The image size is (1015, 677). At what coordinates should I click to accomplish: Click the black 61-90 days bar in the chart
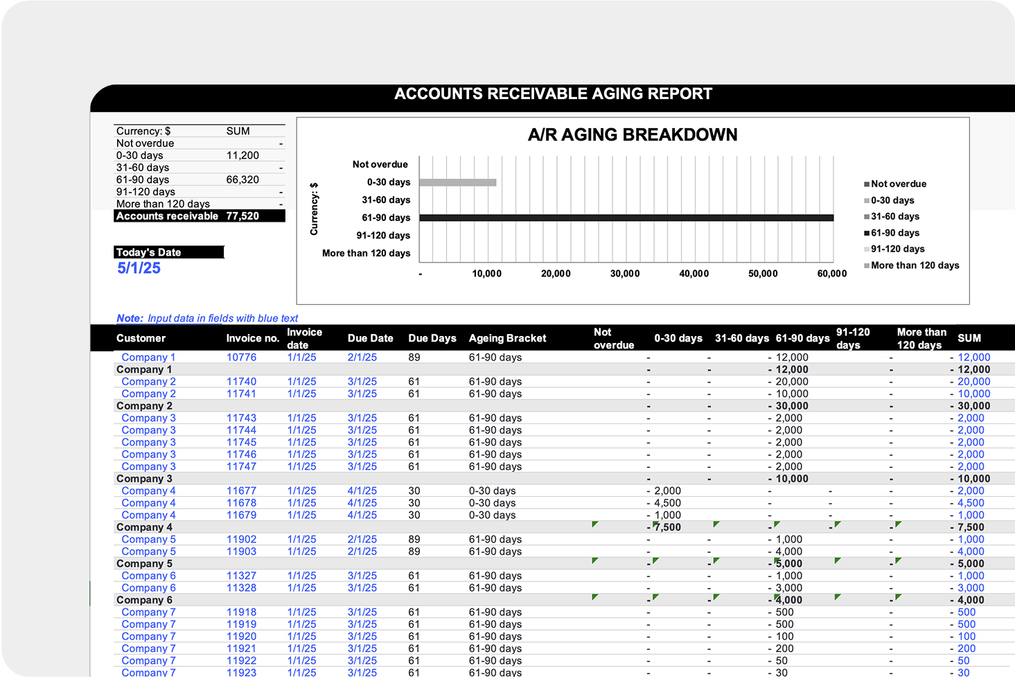pos(626,218)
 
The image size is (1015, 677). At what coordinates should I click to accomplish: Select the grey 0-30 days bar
pos(457,182)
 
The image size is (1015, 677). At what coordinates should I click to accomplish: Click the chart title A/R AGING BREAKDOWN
pos(633,134)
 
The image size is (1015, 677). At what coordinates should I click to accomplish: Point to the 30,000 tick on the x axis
pos(625,274)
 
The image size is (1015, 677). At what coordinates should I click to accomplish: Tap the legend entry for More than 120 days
pos(915,265)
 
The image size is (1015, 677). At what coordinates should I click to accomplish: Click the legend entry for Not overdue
pos(898,184)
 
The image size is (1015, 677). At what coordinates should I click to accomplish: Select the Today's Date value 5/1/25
pos(139,268)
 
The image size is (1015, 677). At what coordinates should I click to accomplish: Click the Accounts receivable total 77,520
pos(242,216)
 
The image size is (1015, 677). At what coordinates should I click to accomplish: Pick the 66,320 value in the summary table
pos(242,179)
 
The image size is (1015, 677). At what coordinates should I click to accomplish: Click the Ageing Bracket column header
pos(507,338)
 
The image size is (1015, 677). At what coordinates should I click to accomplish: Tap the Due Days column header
pos(432,338)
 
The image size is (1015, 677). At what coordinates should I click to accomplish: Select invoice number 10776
pos(241,358)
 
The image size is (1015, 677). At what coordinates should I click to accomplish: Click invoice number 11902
pos(241,539)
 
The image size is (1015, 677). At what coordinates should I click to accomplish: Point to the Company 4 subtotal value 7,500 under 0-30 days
pos(667,527)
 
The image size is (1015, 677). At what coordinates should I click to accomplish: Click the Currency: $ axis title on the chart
pos(314,209)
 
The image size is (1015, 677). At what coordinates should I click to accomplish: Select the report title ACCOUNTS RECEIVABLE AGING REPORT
pos(553,94)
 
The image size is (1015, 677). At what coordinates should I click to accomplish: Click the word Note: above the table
pos(130,318)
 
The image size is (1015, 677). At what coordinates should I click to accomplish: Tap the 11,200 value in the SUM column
pos(242,155)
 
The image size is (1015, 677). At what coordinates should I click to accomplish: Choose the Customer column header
pos(141,338)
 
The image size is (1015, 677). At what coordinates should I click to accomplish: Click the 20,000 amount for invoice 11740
pos(792,382)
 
